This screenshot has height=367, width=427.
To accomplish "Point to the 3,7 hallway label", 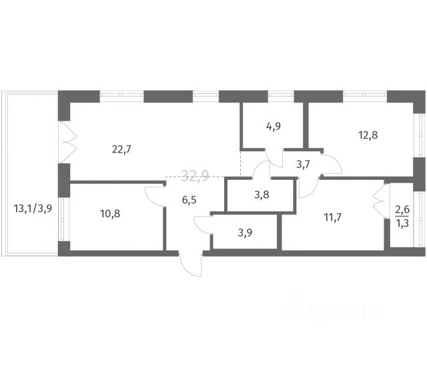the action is pyautogui.click(x=294, y=165).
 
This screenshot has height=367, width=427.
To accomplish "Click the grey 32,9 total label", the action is pyautogui.click(x=195, y=176).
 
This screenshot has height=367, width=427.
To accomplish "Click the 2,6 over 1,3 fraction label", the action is pyautogui.click(x=403, y=216).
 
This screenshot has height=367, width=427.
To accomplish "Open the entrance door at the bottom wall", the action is pyautogui.click(x=191, y=265).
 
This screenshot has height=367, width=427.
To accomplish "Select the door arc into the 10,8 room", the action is pyautogui.click(x=155, y=196).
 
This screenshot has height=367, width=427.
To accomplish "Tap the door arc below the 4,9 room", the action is pyautogui.click(x=274, y=158).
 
